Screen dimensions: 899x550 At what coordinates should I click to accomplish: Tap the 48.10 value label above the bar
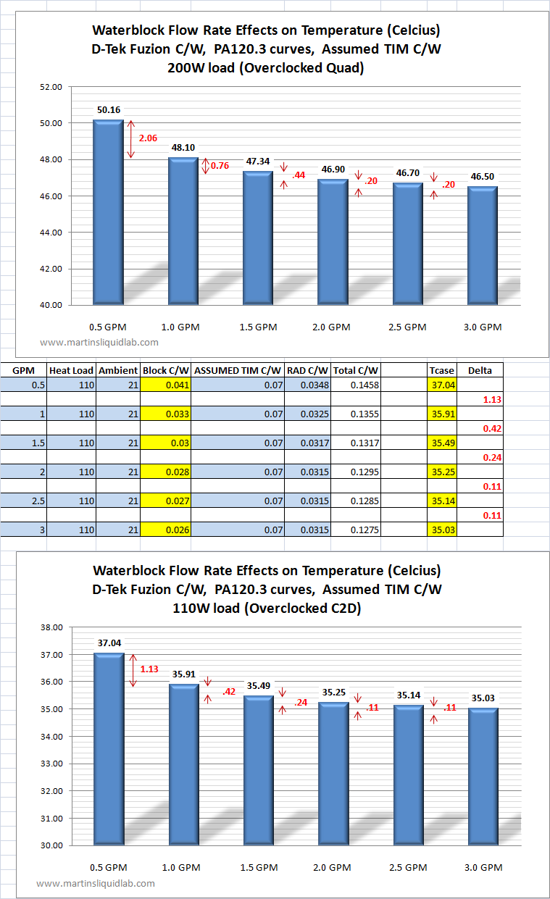(x=183, y=148)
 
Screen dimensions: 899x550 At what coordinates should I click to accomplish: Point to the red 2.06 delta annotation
(x=148, y=138)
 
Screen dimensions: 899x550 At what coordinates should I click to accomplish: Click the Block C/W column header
(x=166, y=370)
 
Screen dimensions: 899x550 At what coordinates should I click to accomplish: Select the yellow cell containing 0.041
(x=166, y=385)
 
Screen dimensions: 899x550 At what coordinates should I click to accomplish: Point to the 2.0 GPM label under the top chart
(x=331, y=327)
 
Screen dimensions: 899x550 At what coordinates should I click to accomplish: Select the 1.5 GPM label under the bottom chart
(x=259, y=867)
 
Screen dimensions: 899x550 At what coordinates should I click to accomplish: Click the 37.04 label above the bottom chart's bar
(x=109, y=643)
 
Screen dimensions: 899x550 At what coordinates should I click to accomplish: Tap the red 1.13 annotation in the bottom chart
(x=149, y=669)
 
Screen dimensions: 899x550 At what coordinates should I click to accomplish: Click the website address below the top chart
(x=99, y=343)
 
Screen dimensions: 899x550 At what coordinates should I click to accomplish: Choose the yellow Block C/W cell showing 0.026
(x=166, y=530)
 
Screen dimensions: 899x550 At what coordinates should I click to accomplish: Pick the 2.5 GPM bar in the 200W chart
(x=408, y=243)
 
